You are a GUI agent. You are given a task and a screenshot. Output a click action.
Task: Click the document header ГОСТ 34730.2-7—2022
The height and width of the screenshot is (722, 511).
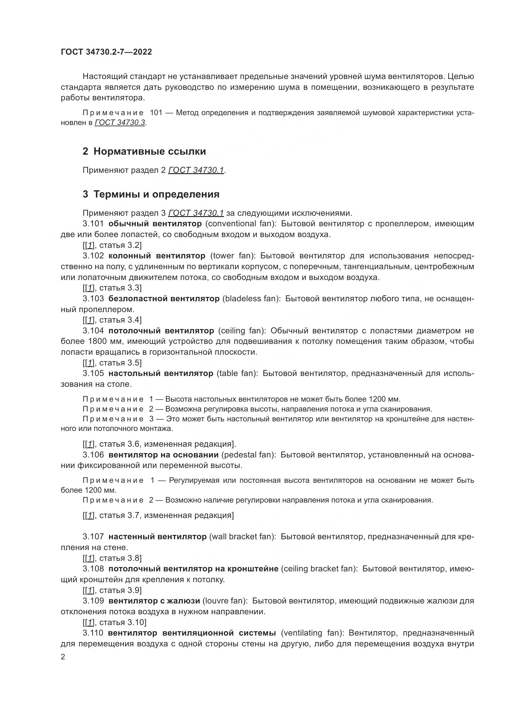(x=106, y=52)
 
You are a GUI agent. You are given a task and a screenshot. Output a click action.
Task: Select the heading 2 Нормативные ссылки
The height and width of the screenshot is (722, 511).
(x=144, y=152)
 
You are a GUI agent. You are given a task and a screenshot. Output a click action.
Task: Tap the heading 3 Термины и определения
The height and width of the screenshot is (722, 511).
(x=151, y=194)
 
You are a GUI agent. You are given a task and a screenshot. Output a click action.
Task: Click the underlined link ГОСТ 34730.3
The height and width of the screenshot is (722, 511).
(x=120, y=123)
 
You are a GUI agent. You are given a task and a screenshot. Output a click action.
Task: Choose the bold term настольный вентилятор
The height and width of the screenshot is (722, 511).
(x=161, y=373)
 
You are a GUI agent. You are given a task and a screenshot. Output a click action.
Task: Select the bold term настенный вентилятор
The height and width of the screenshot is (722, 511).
(x=157, y=536)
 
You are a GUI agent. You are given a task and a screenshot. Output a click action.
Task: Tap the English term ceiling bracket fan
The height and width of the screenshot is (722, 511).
(x=319, y=569)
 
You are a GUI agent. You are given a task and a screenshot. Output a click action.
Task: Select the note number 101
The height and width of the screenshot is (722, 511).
(x=156, y=113)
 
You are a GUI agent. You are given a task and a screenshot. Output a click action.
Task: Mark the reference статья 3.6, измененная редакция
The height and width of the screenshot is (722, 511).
(x=167, y=444)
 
